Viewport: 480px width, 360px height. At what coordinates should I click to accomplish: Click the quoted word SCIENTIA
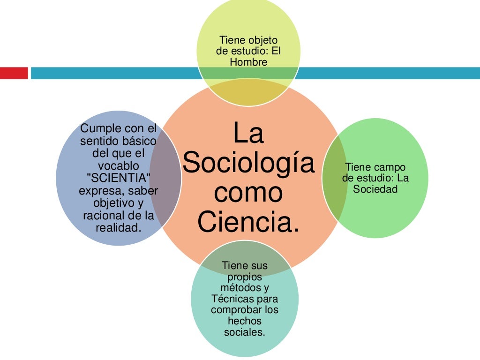point(118,179)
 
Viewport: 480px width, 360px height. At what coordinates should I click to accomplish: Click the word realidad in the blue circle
point(118,228)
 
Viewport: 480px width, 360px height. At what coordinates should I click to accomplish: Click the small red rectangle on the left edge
point(14,73)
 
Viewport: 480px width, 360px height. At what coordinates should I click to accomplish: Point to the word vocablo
point(118,166)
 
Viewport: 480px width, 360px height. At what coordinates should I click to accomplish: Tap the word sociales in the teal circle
point(244,332)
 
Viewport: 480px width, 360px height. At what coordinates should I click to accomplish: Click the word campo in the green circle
point(390,167)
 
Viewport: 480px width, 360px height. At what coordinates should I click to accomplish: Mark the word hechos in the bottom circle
point(244,321)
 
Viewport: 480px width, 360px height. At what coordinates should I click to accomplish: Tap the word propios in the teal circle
point(244,277)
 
